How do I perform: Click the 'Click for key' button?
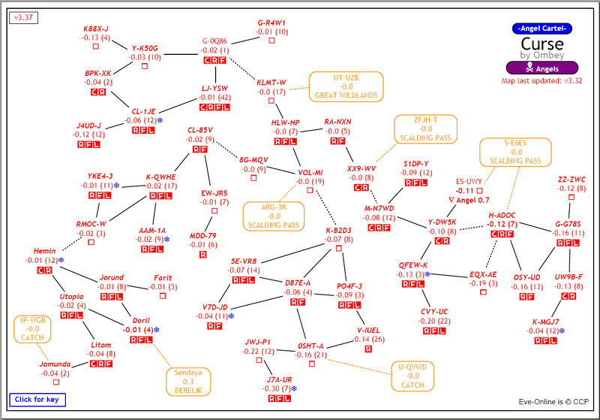[x=38, y=400]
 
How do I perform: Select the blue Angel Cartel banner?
[x=543, y=28]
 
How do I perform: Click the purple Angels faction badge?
[x=544, y=68]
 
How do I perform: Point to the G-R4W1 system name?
[x=271, y=23]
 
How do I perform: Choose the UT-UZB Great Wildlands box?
[x=346, y=86]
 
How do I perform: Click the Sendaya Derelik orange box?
[x=187, y=381]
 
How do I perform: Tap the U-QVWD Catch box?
[x=412, y=376]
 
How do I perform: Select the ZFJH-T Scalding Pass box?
[x=425, y=128]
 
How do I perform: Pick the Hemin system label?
[x=45, y=251]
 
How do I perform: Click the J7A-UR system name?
[x=279, y=379]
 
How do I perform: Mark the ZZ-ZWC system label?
[x=571, y=180]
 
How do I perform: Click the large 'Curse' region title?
[x=543, y=44]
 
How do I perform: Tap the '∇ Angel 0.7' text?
[x=469, y=200]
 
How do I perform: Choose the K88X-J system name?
[x=96, y=29]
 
